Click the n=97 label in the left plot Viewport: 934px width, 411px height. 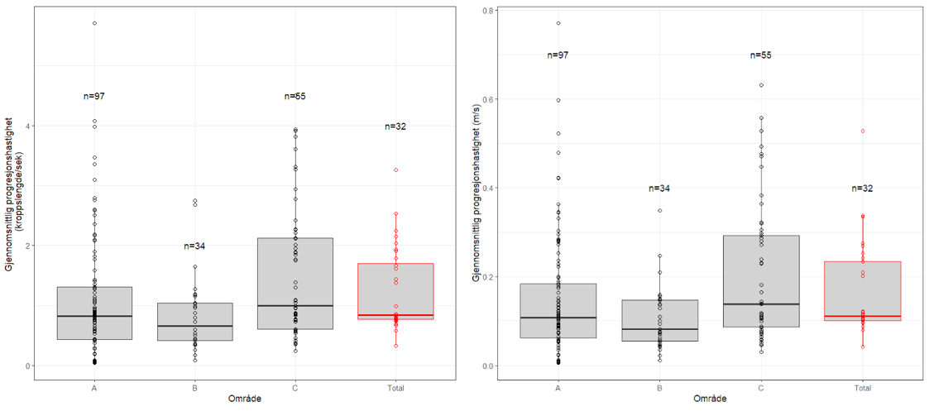click(x=94, y=97)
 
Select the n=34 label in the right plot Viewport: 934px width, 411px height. click(x=659, y=189)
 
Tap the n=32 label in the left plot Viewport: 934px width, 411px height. click(x=395, y=127)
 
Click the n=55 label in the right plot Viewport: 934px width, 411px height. click(x=761, y=55)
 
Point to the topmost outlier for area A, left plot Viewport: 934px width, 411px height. click(x=94, y=23)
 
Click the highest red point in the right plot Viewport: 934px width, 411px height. click(x=862, y=131)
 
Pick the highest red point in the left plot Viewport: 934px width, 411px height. click(x=395, y=170)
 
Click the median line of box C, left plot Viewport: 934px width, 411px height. click(x=295, y=306)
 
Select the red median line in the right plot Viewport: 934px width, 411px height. click(x=862, y=316)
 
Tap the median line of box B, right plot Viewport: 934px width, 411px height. click(x=660, y=329)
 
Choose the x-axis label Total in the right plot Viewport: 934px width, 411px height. click(x=862, y=387)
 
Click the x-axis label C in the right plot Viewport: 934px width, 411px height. click(x=761, y=387)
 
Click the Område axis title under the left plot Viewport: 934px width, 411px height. click(x=246, y=400)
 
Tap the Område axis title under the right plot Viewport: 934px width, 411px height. click(x=710, y=400)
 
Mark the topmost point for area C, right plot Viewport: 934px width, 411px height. click(x=761, y=85)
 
